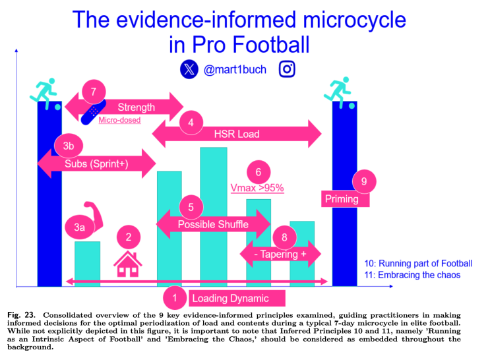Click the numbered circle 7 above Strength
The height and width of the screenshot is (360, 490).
94,92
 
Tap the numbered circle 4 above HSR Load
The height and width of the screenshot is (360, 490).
191,123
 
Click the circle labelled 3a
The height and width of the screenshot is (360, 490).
78,227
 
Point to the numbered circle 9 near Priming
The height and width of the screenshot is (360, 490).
364,181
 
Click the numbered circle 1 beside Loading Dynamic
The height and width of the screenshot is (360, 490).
175,298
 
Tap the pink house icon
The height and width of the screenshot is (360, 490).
128,264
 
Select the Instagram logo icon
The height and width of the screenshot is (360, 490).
287,69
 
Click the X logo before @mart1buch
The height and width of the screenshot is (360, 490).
189,69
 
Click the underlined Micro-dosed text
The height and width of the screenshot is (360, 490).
119,120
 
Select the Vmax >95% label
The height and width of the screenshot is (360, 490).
257,188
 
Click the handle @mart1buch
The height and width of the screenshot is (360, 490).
235,69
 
